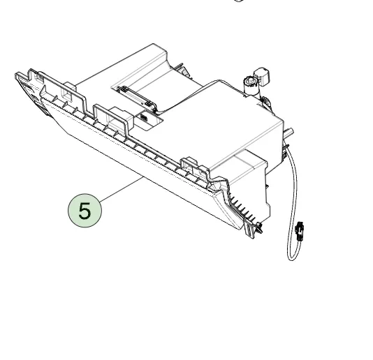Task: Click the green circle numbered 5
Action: point(85,211)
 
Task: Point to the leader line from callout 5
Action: point(122,189)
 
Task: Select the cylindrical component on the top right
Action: point(251,85)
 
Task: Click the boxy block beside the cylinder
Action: point(262,76)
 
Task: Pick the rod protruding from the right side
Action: point(288,133)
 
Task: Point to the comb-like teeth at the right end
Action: point(242,207)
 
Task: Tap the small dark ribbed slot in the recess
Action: point(144,117)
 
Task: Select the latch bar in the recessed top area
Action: point(136,97)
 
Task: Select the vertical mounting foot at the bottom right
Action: point(249,228)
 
